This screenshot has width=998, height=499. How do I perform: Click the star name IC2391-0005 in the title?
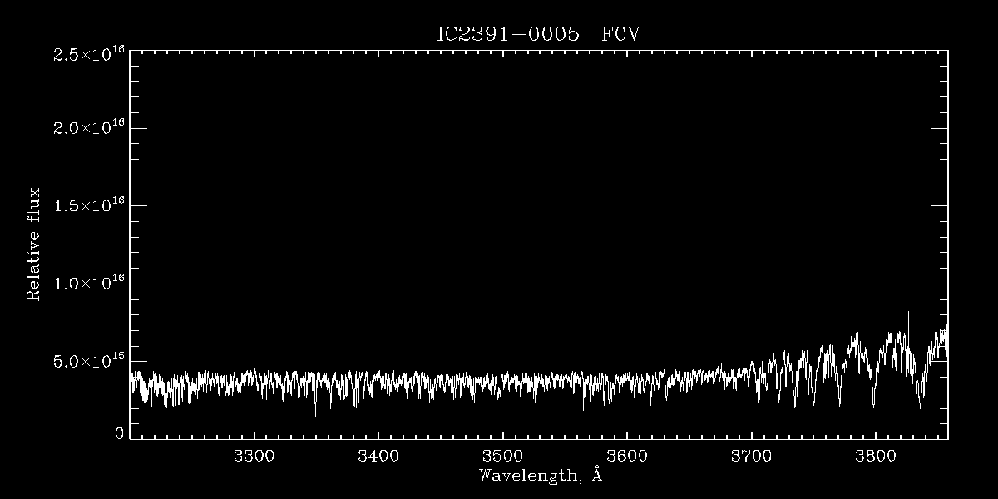pyautogui.click(x=507, y=35)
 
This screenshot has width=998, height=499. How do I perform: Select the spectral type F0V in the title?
pyautogui.click(x=620, y=35)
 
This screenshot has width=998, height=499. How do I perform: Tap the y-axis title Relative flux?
pyautogui.click(x=34, y=245)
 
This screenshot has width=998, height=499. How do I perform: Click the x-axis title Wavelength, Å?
pyautogui.click(x=541, y=476)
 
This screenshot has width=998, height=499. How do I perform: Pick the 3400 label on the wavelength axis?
pyautogui.click(x=378, y=456)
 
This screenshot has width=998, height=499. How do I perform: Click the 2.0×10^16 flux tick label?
pyautogui.click(x=89, y=128)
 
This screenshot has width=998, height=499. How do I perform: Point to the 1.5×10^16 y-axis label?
pyautogui.click(x=89, y=205)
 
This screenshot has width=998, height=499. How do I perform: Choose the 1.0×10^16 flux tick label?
pyautogui.click(x=89, y=284)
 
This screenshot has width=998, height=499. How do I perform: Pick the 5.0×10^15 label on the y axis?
pyautogui.click(x=89, y=361)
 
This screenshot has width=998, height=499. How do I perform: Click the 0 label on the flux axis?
pyautogui.click(x=119, y=433)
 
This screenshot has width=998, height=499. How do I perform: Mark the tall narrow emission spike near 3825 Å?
pyautogui.click(x=907, y=314)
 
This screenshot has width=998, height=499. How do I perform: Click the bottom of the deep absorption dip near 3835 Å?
pyautogui.click(x=920, y=407)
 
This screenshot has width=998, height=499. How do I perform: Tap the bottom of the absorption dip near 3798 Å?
pyautogui.click(x=873, y=405)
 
